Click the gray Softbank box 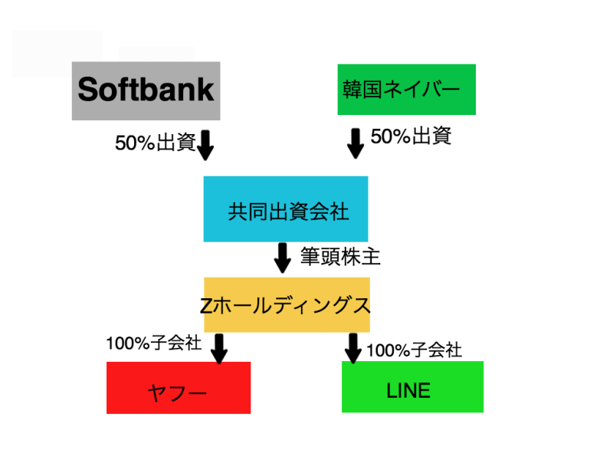coord(146,90)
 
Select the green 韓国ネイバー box coord(406,90)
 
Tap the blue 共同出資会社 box coord(285,209)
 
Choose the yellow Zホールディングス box coord(286,304)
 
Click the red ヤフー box coord(178,388)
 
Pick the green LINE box coord(411,386)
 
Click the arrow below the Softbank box coord(205,144)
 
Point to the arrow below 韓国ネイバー coord(355,143)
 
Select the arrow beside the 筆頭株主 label coord(283,258)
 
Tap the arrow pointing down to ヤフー coord(219,348)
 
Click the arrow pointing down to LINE coord(353,348)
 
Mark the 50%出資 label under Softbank coord(156,143)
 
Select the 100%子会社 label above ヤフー coord(153,343)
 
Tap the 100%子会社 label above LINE coord(414,350)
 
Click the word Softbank coord(146,90)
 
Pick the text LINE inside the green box coord(408,391)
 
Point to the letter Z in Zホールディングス coord(205,305)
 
